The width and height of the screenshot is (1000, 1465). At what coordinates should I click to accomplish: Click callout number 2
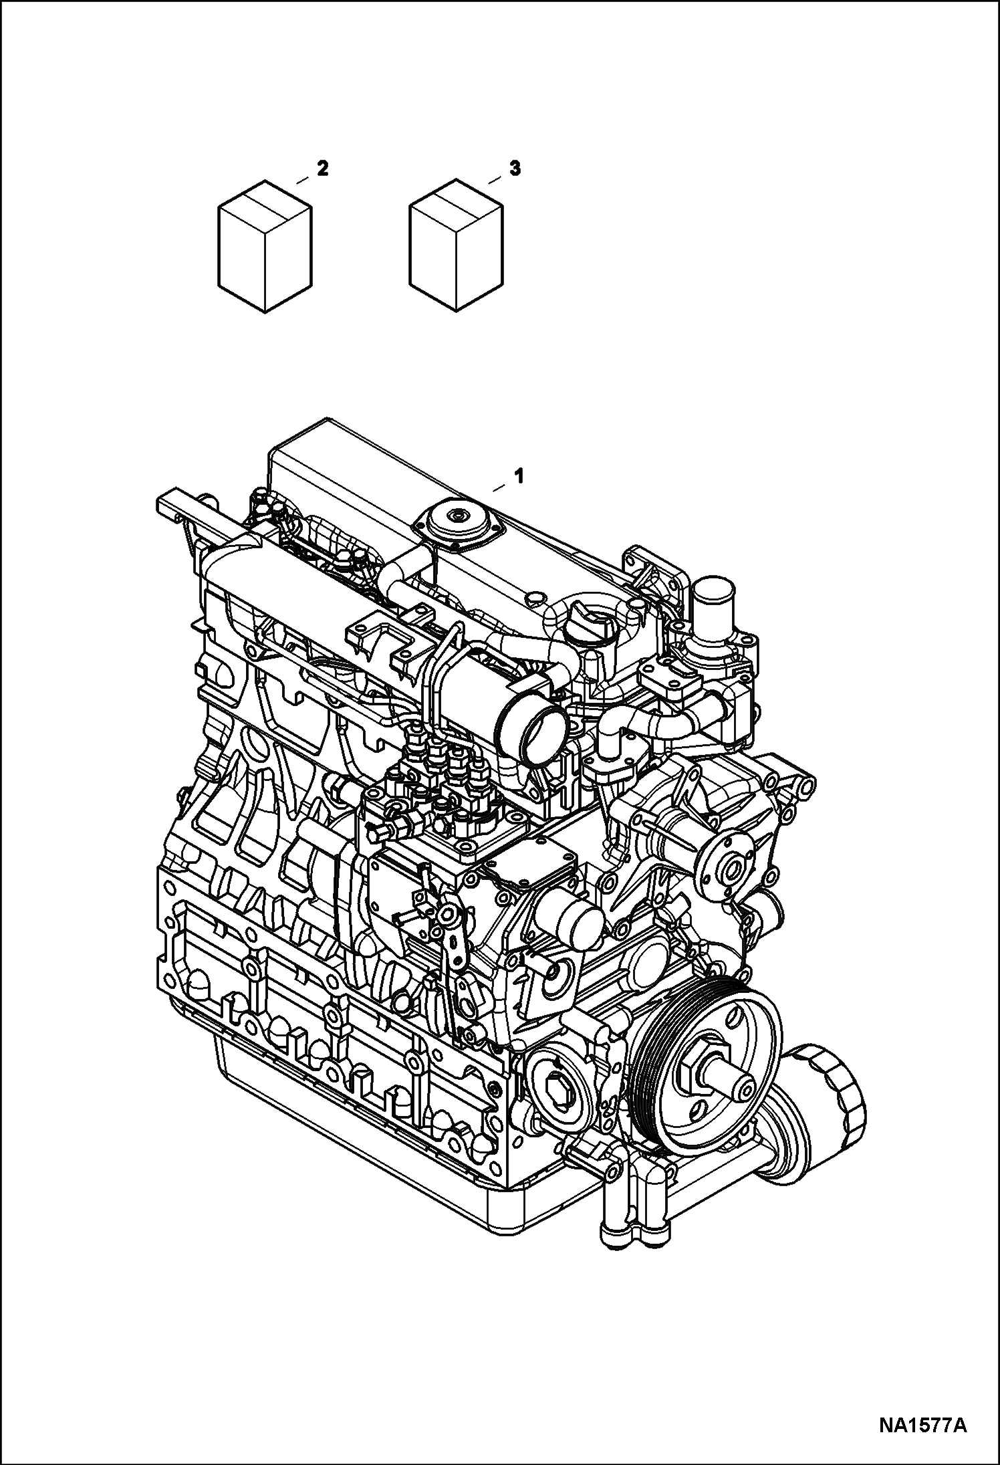coord(322,170)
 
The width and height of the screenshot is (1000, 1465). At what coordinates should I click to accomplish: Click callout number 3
coord(514,170)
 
